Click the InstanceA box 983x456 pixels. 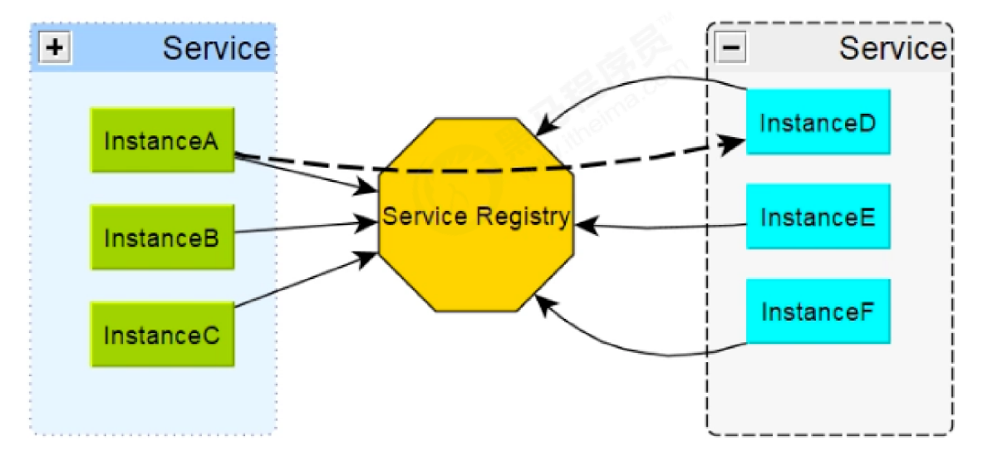[x=162, y=140]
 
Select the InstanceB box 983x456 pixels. [x=162, y=238]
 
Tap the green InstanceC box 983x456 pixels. [x=162, y=335]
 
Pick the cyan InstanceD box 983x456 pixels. [x=818, y=122]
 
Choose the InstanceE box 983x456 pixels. [x=818, y=217]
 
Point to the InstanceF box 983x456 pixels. [x=818, y=312]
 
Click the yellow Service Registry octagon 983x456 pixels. [x=475, y=249]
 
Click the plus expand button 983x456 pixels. [x=55, y=48]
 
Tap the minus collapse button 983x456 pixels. [x=731, y=48]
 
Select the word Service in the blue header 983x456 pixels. [x=216, y=48]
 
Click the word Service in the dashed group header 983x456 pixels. [x=892, y=48]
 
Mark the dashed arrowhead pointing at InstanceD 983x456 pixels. [x=731, y=144]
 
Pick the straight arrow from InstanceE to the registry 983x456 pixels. [x=665, y=225]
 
